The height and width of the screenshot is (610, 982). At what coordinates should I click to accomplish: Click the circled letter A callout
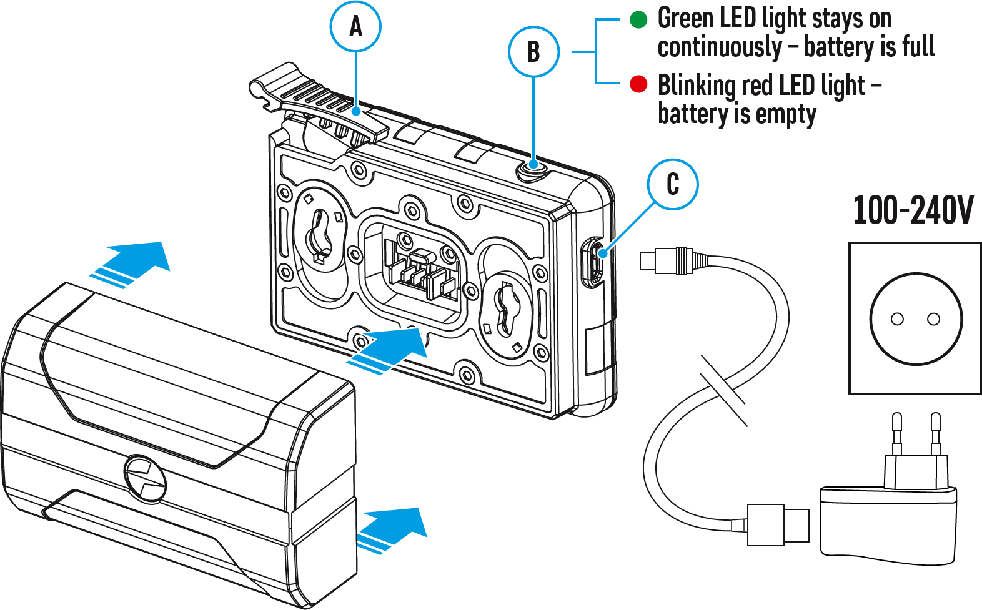tap(355, 27)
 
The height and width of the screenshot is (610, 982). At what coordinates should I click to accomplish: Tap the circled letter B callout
tap(533, 52)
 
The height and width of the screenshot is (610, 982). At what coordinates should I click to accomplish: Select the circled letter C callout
tap(673, 184)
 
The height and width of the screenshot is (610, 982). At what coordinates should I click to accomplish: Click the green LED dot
tap(638, 19)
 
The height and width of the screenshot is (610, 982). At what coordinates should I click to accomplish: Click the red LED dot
tap(638, 84)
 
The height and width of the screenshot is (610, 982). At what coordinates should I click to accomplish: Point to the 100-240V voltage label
tap(913, 210)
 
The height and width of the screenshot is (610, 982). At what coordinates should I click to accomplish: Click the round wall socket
tap(916, 318)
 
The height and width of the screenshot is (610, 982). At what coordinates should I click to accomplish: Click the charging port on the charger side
tap(593, 261)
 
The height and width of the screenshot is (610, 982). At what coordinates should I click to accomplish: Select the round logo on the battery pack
tap(145, 478)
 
